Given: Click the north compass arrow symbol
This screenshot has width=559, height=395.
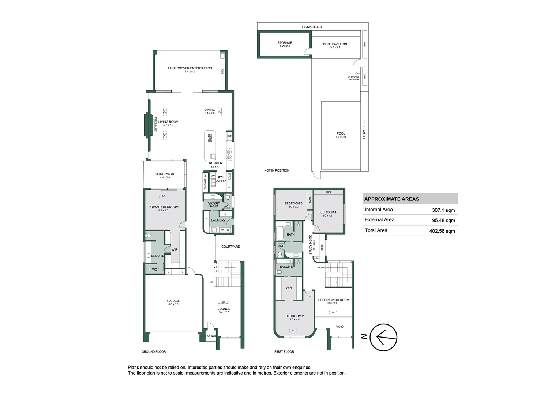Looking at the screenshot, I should [383, 337].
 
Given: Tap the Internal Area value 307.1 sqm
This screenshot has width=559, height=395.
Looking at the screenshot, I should [443, 210].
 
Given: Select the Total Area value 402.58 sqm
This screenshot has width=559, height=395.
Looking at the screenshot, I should [442, 231].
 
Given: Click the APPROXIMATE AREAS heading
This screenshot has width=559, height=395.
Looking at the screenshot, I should [391, 199].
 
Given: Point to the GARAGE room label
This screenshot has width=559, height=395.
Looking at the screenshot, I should [173, 301].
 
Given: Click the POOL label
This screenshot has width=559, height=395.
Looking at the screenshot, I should [341, 134].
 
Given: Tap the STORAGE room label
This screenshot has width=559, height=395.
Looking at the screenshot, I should [285, 43].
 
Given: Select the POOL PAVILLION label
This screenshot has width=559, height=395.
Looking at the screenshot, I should [335, 44].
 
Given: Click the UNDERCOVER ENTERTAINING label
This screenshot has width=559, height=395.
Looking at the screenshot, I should [190, 68].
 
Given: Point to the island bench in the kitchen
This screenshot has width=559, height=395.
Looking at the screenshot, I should [210, 146].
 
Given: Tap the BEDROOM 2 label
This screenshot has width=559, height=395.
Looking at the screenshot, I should [294, 316].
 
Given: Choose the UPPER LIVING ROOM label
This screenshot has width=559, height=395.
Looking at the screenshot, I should [333, 300].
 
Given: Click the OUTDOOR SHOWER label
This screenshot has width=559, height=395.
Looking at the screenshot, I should [353, 78].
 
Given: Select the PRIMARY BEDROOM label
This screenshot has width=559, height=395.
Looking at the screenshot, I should [164, 207].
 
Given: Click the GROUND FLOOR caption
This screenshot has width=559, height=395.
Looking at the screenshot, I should [154, 352].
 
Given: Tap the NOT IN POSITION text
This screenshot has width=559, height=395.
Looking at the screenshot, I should [277, 170].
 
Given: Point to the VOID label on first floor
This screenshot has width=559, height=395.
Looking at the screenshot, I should [339, 327].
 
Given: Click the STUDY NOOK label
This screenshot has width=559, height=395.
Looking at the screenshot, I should [311, 245].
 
